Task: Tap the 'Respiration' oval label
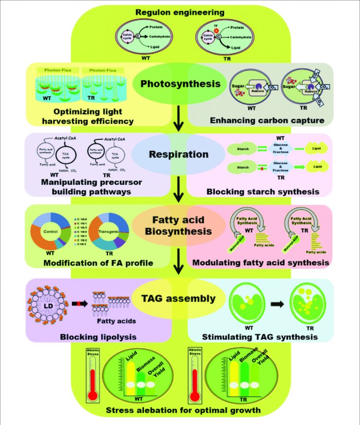[x=179, y=154]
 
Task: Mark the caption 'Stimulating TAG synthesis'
[x=260, y=337]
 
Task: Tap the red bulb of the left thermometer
[x=93, y=396]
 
